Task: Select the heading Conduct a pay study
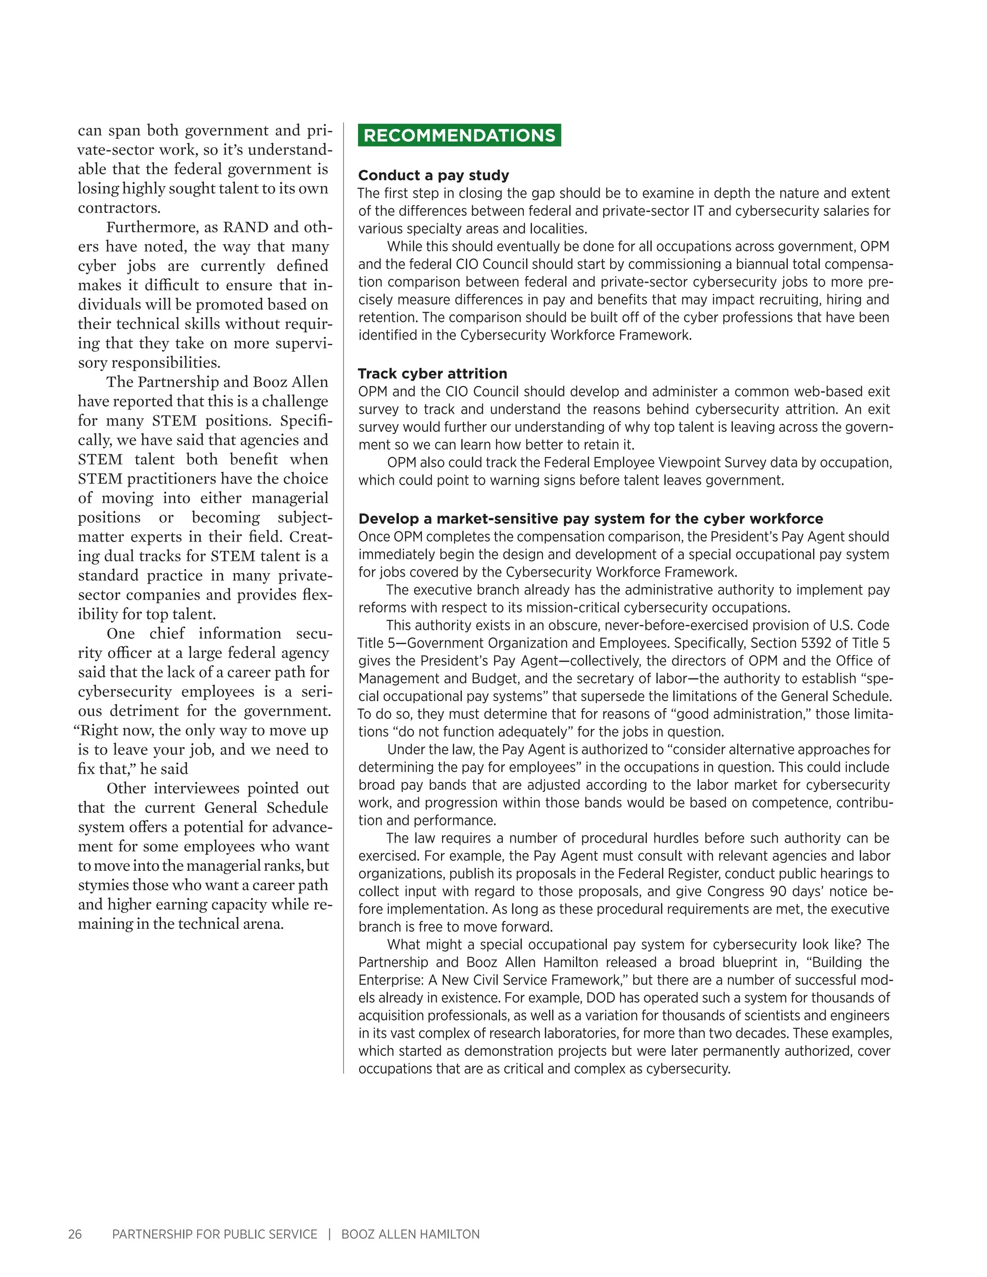(x=433, y=175)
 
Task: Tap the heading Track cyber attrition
(x=432, y=373)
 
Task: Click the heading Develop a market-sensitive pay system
(x=590, y=519)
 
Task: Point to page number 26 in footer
(x=75, y=1234)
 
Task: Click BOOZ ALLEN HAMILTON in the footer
(x=410, y=1234)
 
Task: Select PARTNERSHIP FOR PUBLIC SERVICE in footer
(x=214, y=1234)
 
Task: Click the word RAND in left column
(x=246, y=227)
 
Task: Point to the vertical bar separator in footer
(x=330, y=1234)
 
